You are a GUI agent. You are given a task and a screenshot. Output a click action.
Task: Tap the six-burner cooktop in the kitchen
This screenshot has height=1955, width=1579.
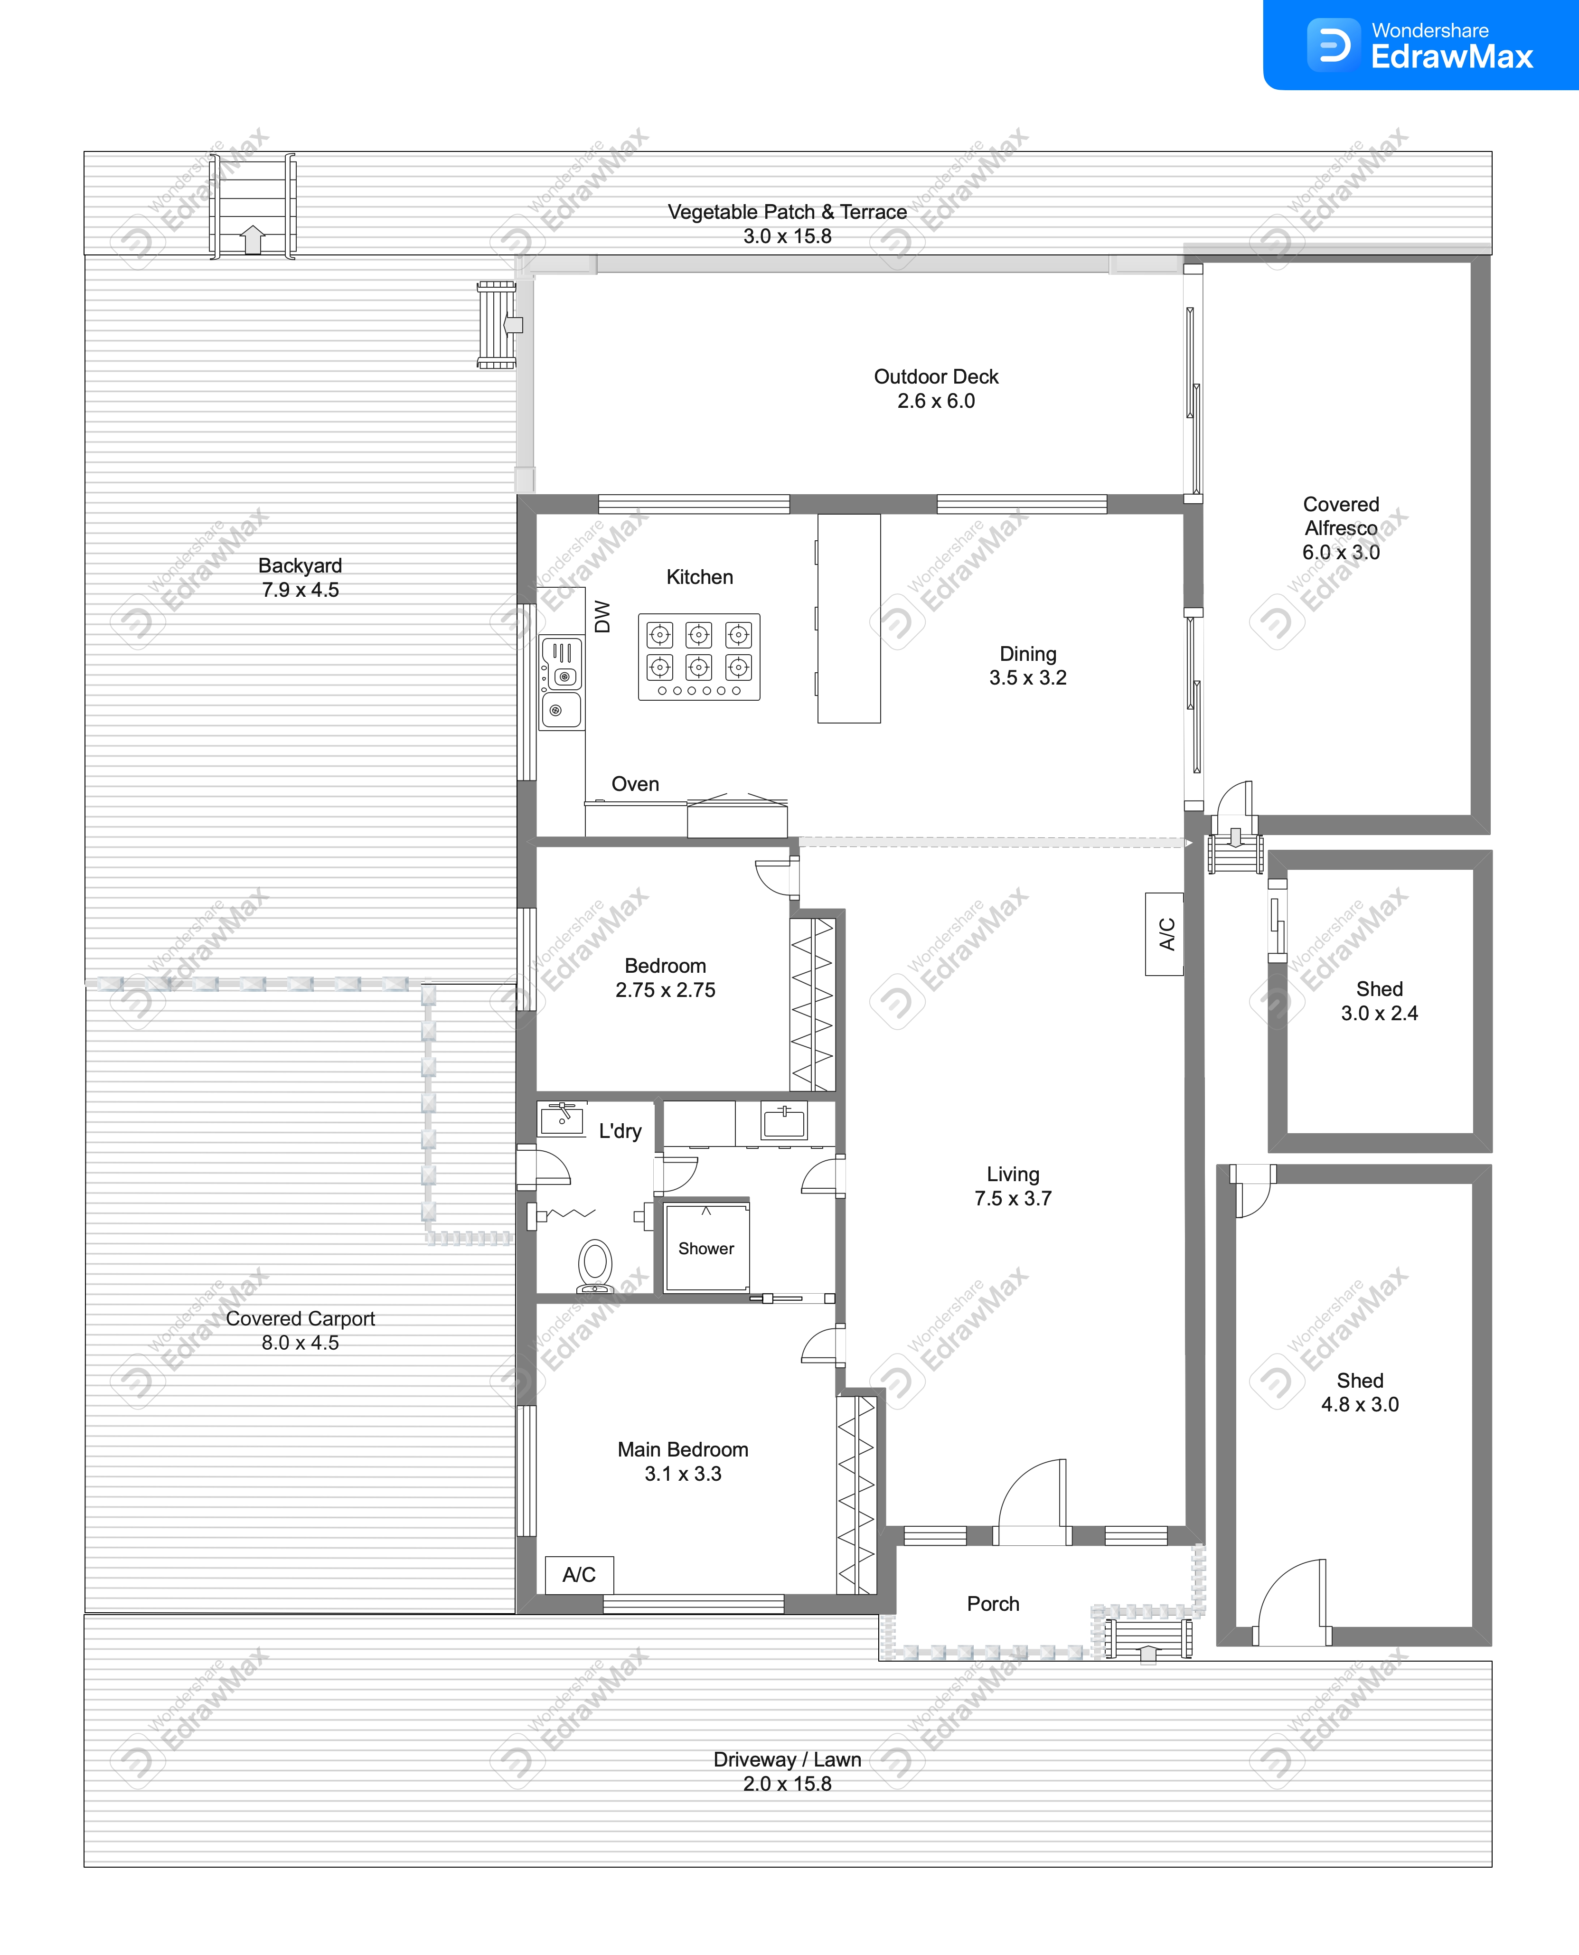coord(698,657)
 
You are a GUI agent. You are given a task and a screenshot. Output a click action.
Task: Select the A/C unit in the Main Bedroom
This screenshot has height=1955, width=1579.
coord(579,1574)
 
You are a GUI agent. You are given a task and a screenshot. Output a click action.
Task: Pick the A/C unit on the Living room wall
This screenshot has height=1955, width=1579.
coord(1164,934)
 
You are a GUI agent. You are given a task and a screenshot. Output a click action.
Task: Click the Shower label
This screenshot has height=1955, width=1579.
coord(706,1249)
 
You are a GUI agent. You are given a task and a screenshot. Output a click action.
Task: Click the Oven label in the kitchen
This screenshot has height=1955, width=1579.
coord(635,784)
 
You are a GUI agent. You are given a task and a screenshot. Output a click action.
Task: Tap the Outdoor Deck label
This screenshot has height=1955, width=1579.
coord(936,376)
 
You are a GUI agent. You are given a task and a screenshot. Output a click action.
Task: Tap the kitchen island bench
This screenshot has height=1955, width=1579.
coord(849,618)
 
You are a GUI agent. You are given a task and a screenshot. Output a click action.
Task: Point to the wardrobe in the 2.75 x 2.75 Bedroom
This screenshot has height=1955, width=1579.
coord(812,1004)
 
